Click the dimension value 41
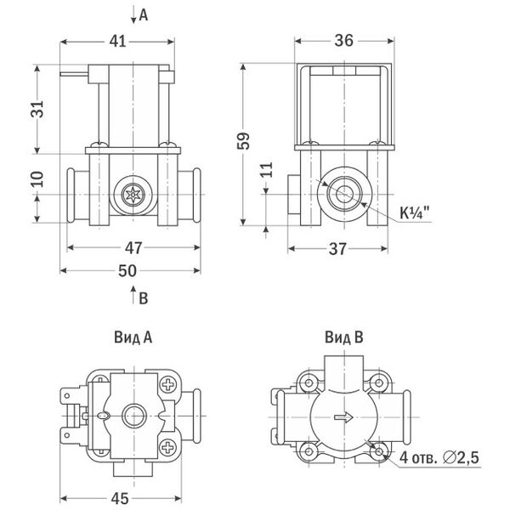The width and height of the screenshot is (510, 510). click(117, 42)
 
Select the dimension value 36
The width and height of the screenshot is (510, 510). click(343, 41)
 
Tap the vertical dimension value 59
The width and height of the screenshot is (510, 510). click(243, 141)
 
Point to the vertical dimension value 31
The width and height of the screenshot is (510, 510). click(37, 109)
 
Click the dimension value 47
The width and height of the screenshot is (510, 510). click(133, 248)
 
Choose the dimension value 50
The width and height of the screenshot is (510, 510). click(127, 271)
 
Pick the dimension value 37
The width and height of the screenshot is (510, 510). click(337, 249)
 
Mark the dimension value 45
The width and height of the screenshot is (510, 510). click(120, 499)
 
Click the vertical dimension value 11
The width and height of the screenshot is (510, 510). click(266, 170)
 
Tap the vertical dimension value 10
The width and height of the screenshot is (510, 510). click(37, 178)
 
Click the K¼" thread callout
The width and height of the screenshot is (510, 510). click(414, 213)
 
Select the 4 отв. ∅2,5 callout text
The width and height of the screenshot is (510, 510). click(439, 457)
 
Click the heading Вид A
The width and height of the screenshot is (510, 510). click(133, 337)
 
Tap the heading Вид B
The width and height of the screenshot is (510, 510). click(344, 337)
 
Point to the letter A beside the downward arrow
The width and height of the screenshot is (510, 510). click(143, 15)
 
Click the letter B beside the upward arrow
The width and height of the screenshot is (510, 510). click(144, 298)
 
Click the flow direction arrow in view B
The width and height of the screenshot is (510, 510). click(343, 416)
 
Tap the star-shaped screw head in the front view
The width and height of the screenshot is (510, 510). click(133, 195)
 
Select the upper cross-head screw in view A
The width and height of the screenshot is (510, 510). click(168, 384)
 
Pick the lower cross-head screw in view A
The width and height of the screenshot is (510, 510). click(168, 447)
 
